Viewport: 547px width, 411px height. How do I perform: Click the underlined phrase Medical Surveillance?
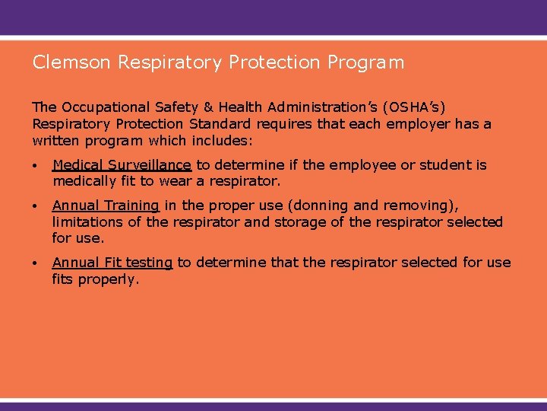coord(122,165)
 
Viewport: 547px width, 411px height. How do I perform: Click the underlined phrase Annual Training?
coord(106,205)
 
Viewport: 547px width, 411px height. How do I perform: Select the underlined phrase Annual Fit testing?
coord(112,263)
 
